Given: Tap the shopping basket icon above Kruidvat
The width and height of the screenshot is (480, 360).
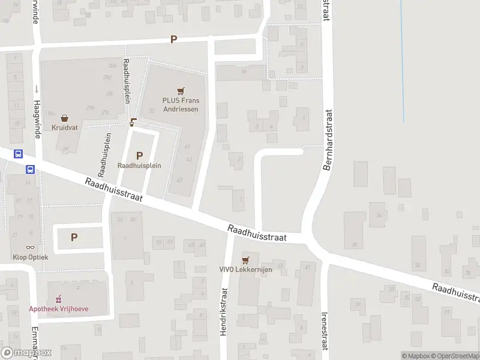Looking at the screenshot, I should point(64,118).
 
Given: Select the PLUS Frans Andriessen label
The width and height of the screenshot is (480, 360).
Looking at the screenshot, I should point(180,104).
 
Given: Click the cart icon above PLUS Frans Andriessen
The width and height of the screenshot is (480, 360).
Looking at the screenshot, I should point(180,91).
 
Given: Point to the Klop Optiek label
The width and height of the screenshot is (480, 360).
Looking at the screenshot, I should point(30,257).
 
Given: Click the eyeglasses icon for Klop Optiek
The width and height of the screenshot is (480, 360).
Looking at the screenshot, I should point(30,247).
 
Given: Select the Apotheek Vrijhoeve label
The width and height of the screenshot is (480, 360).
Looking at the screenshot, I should point(59,308).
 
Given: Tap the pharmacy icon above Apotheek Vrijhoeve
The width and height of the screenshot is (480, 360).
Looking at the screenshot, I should point(59,298).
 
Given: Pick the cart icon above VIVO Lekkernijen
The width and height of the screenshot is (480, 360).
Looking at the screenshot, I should point(245,260).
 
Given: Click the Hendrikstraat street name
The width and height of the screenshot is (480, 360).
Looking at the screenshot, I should point(223,311).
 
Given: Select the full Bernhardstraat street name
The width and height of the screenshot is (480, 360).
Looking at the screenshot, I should point(328,139).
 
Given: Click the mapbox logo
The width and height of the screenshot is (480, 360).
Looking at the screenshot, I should point(26,352).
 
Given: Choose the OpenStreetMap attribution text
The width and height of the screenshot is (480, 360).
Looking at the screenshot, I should point(454,356).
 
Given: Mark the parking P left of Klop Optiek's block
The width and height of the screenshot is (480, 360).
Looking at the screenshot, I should point(74,237).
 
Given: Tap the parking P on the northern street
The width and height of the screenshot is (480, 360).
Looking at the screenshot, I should point(174,40).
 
